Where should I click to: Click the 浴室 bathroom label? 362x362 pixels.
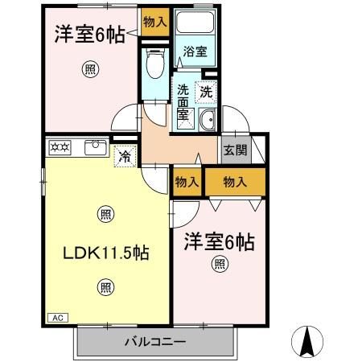click(x=195, y=51)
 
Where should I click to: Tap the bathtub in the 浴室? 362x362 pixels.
click(x=195, y=25)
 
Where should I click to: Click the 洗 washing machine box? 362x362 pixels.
click(x=206, y=92)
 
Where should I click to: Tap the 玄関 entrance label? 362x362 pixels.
click(x=234, y=150)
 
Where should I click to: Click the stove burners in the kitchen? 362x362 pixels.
click(x=60, y=146)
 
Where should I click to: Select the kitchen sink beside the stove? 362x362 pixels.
click(x=95, y=146)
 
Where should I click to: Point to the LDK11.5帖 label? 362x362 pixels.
click(x=105, y=253)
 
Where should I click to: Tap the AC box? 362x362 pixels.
click(x=56, y=318)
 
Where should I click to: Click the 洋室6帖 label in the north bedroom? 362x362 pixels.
click(x=89, y=35)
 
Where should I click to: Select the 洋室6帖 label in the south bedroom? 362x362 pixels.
click(x=218, y=241)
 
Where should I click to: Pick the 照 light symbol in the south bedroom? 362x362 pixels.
click(x=219, y=263)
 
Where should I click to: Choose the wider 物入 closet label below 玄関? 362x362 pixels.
click(x=234, y=182)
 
